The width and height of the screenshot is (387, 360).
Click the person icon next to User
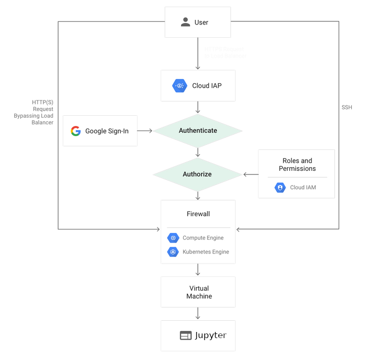(x=185, y=22)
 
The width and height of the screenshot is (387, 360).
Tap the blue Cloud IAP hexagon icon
(x=180, y=86)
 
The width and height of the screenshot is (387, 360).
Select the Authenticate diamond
(x=198, y=131)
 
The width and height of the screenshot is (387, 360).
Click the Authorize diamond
(x=197, y=174)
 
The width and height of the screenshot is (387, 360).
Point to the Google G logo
(x=76, y=131)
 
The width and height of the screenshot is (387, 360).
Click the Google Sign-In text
(x=107, y=131)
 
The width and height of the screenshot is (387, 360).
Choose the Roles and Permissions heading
(x=297, y=165)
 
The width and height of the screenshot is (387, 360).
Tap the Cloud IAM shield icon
(x=280, y=188)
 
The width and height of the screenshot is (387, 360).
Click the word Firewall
(x=198, y=214)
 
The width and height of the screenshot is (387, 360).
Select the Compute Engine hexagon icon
(x=173, y=238)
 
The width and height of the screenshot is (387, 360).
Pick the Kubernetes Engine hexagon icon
(x=173, y=252)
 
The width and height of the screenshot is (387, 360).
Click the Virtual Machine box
(x=198, y=292)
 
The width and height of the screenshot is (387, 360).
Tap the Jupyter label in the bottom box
(x=210, y=336)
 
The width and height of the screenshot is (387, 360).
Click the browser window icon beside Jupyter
(x=186, y=336)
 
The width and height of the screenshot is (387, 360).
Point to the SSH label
(x=347, y=108)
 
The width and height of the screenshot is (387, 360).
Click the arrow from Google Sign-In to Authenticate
(x=145, y=131)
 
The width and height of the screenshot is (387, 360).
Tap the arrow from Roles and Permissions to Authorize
(x=250, y=174)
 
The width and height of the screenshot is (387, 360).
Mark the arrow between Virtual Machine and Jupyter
(x=198, y=314)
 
